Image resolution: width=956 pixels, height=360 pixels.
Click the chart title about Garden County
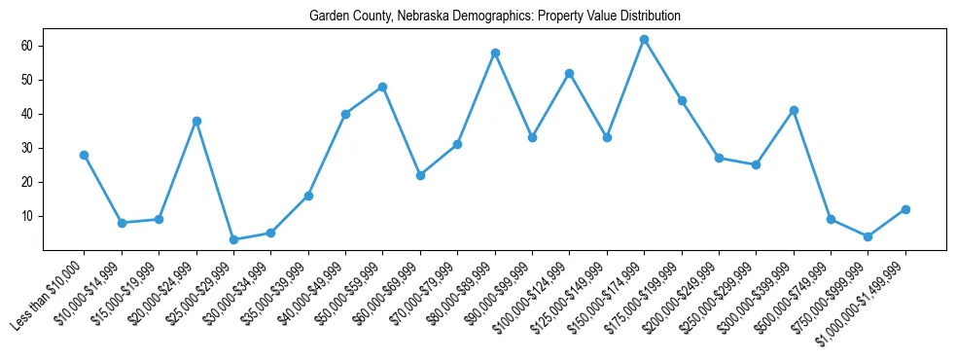click(x=494, y=17)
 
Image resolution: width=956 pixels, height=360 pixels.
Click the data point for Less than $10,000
click(x=84, y=155)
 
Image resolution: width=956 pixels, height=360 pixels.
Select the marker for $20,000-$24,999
click(x=196, y=121)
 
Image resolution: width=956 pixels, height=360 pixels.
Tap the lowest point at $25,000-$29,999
click(x=233, y=239)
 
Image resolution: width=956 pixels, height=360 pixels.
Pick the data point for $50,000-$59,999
click(x=382, y=87)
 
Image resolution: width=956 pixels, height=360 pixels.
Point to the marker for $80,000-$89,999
click(x=495, y=53)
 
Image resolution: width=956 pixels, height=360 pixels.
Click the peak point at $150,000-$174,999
click(x=644, y=39)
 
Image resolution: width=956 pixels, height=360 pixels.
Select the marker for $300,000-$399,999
click(x=794, y=110)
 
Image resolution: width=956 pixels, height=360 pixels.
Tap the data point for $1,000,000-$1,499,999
click(x=905, y=209)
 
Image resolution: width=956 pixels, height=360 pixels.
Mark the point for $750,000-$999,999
click(x=867, y=236)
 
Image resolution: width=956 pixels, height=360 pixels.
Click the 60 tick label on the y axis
click(x=53, y=46)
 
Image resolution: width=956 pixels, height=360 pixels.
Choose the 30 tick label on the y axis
click(x=53, y=148)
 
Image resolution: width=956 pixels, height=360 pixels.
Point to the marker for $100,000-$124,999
click(x=569, y=73)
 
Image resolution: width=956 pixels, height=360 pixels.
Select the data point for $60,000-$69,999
click(x=420, y=175)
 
